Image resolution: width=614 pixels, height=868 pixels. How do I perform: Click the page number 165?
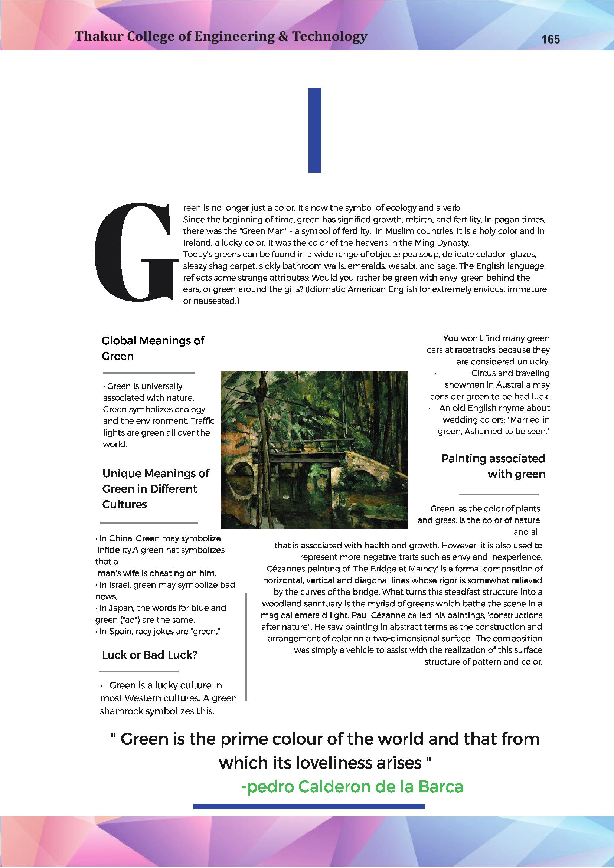[x=551, y=39]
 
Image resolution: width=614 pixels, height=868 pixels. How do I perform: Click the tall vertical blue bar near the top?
[x=314, y=130]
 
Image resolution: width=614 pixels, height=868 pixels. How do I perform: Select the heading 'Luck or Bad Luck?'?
[x=150, y=655]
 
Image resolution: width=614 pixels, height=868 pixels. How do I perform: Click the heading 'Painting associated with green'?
[x=493, y=466]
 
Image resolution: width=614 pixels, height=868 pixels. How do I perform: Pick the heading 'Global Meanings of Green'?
[x=153, y=348]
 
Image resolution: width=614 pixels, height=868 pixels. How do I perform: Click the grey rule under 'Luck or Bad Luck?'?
[x=138, y=671]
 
